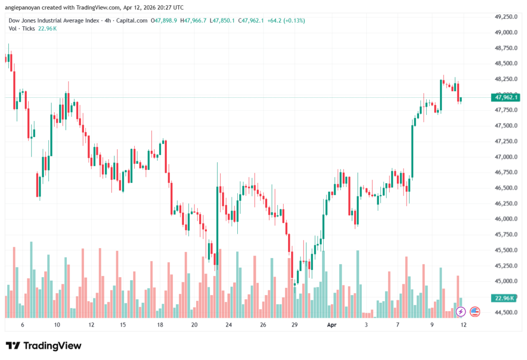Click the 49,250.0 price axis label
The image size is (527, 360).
pyautogui.click(x=505, y=17)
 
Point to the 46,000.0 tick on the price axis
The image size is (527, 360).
pyautogui.click(x=505, y=219)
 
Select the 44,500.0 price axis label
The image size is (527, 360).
pyautogui.click(x=505, y=312)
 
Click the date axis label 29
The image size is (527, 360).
pyautogui.click(x=295, y=325)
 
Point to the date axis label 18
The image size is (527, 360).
pyautogui.click(x=161, y=325)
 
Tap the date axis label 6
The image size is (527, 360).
pyautogui.click(x=22, y=325)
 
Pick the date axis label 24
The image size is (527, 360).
pyautogui.click(x=229, y=325)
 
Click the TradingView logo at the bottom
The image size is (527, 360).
pyautogui.click(x=44, y=346)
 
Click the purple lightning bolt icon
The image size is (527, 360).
pyautogui.click(x=461, y=312)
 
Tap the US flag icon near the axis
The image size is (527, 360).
pyautogui.click(x=475, y=312)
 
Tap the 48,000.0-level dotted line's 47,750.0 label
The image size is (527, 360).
pyautogui.click(x=505, y=110)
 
